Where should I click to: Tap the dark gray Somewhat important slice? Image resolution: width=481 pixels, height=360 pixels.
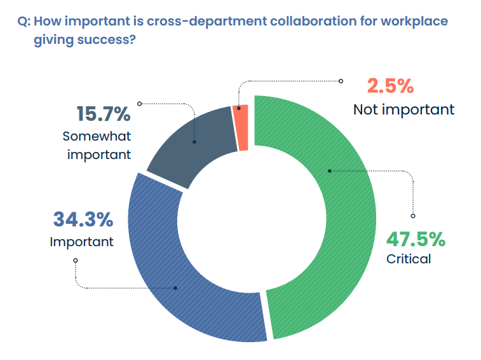191,143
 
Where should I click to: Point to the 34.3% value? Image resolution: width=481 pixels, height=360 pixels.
83,220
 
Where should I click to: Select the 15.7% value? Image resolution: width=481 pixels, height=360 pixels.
104,114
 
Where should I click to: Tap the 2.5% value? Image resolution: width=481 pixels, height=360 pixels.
390,86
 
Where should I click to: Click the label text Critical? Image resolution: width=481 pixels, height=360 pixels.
409,259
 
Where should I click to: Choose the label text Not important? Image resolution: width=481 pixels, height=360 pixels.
403,109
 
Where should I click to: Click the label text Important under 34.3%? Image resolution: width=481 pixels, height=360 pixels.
82,242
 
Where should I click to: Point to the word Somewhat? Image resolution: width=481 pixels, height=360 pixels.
97,136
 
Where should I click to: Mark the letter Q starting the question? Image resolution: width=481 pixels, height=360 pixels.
22,22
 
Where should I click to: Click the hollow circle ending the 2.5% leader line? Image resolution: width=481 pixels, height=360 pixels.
341,81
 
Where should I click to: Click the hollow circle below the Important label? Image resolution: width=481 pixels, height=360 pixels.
76,260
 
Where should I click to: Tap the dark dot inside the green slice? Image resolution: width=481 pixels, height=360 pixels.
329,170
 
